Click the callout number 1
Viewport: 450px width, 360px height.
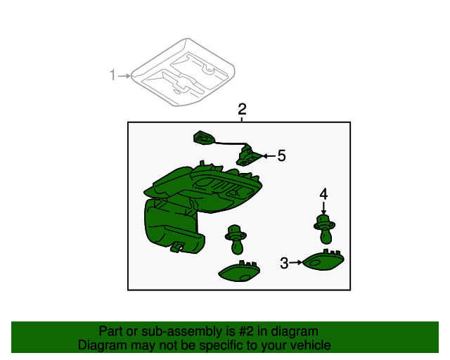tap(112, 75)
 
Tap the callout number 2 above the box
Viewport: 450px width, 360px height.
tap(242, 110)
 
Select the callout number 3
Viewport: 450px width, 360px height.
tap(284, 263)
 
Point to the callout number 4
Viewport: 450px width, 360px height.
tap(323, 194)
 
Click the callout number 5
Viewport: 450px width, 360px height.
tap(281, 156)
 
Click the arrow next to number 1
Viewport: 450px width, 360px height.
tap(124, 76)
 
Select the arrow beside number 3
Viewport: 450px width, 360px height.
tap(295, 262)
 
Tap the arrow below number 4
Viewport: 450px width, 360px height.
tap(323, 208)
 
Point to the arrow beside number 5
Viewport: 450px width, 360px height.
tap(269, 156)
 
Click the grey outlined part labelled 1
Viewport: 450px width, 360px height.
tap(183, 72)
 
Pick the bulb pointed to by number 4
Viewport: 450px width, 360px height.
tap(325, 229)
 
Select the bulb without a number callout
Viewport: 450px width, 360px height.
tap(236, 240)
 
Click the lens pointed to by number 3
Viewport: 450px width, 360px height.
tap(323, 260)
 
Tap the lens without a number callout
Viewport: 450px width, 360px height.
tap(239, 271)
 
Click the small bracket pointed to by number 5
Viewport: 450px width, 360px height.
tap(248, 156)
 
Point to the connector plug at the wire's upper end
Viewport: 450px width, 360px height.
tap(204, 138)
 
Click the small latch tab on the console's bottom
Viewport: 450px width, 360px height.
tap(178, 247)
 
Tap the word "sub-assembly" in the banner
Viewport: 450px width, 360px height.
tap(181, 332)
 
